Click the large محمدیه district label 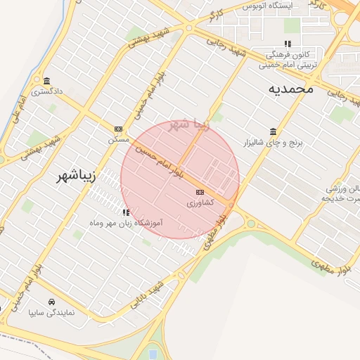289,89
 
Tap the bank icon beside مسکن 118,129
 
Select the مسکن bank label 119,139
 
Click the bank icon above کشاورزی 200,192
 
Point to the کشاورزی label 198,202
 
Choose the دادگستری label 47,91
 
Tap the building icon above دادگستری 47,80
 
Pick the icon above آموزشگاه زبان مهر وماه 126,212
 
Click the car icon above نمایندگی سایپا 51,301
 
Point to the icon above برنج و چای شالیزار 272,132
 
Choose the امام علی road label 19,113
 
